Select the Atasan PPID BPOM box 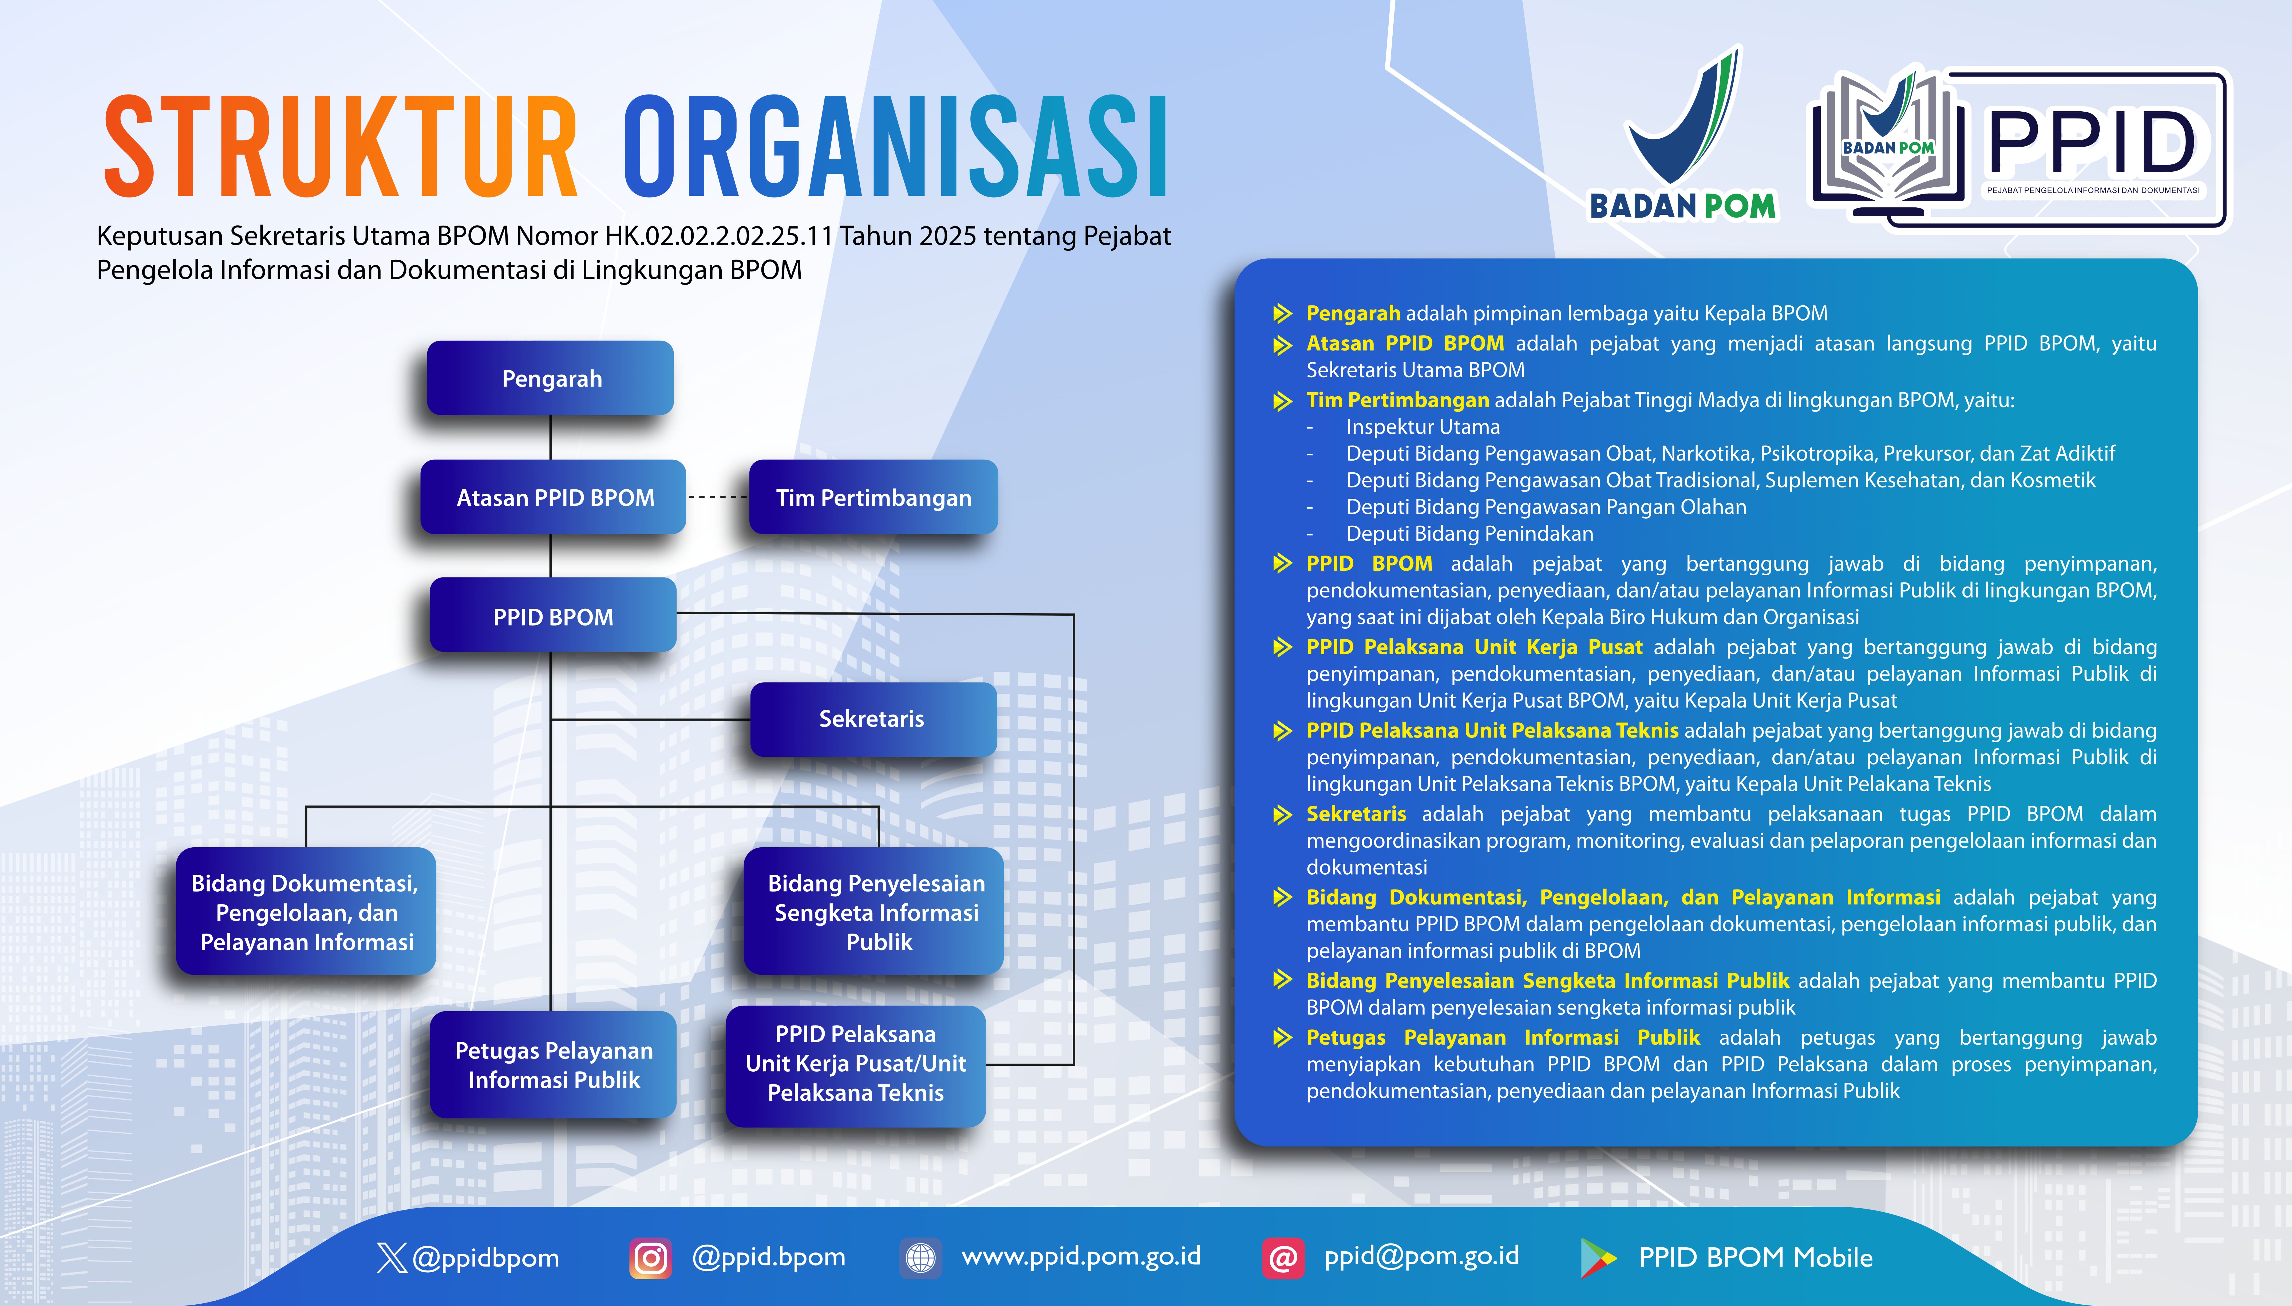coord(553,497)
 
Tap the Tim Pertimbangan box coord(874,497)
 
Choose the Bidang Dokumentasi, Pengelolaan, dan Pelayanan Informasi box coord(306,911)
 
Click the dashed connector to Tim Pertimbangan coord(717,497)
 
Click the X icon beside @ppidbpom coord(392,1258)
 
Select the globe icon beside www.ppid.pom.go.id coord(920,1258)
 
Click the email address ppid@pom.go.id coord(1421,1256)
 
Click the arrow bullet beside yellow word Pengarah coord(1282,313)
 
